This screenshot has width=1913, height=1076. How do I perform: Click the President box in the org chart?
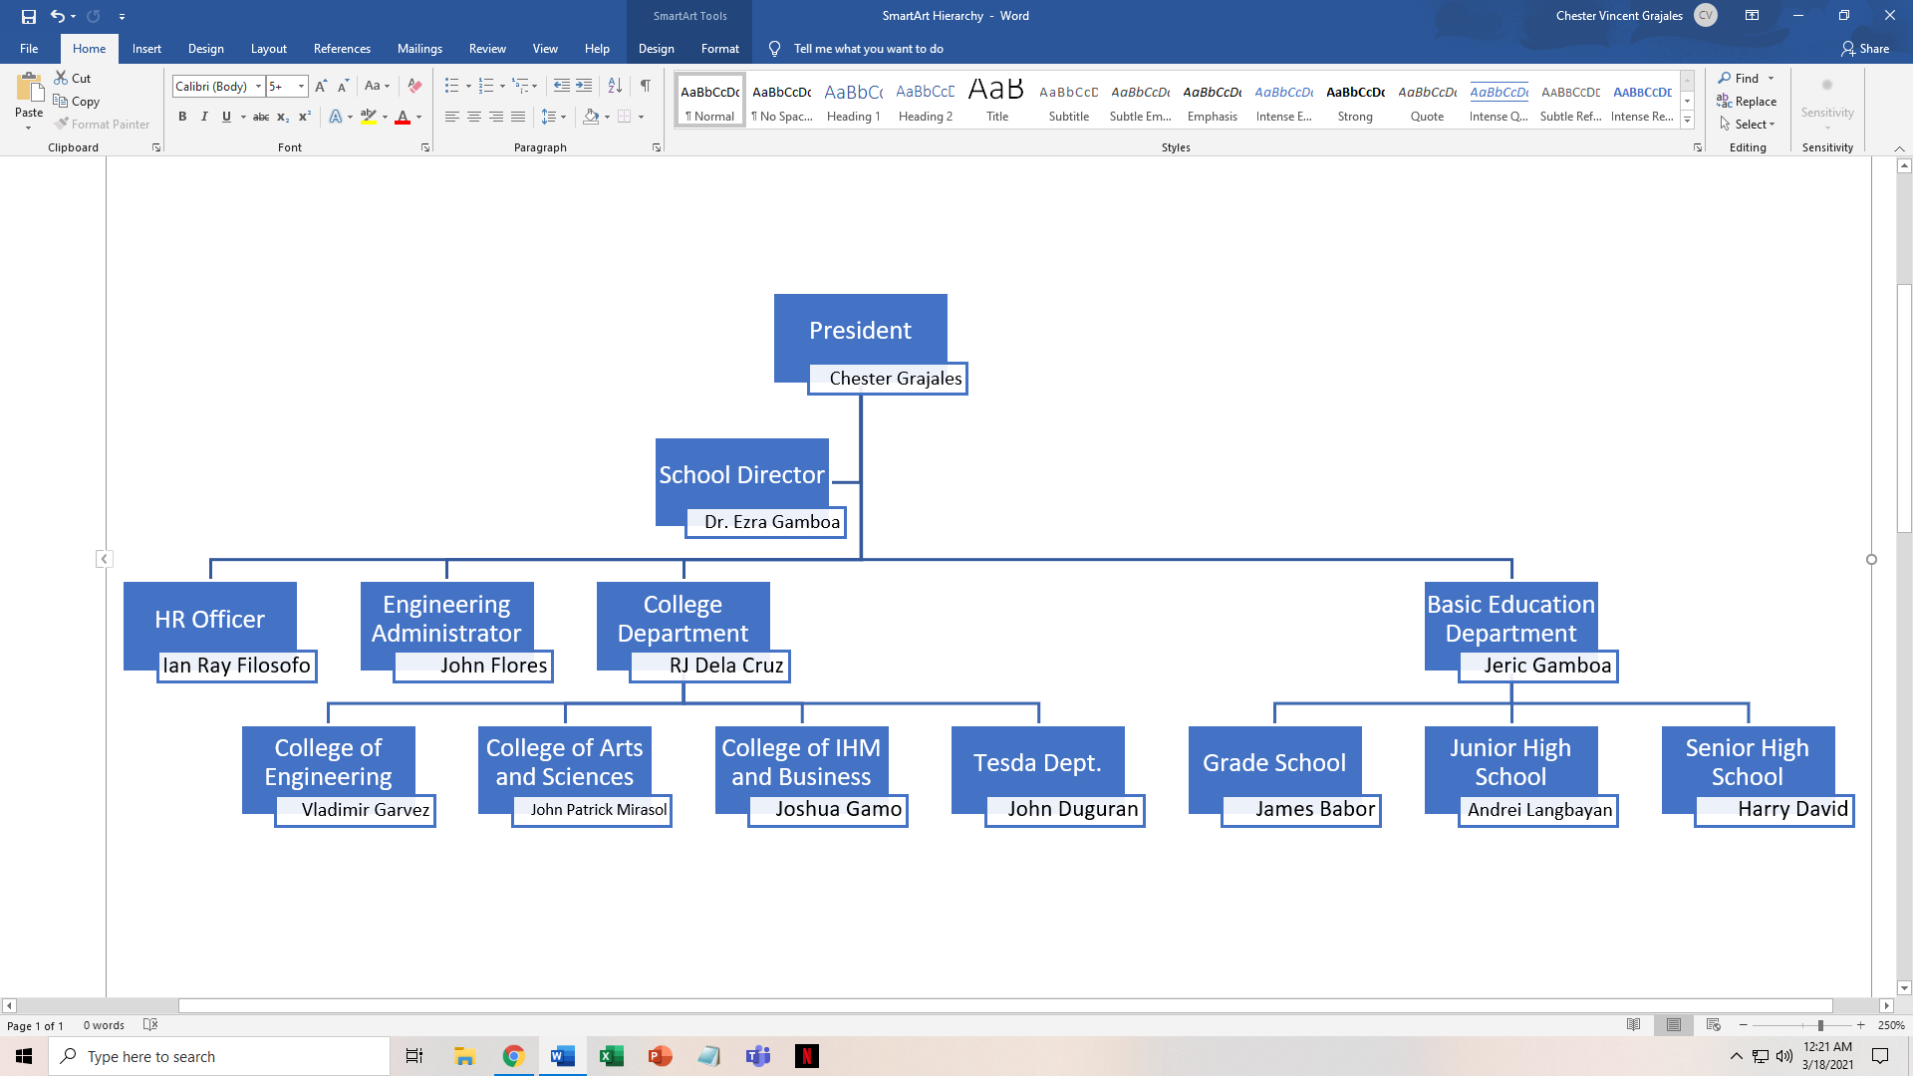click(x=860, y=329)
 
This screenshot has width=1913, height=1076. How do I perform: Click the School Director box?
click(x=741, y=474)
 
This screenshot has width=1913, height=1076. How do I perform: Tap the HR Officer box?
click(x=209, y=619)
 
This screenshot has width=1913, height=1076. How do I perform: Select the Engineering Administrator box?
click(x=446, y=618)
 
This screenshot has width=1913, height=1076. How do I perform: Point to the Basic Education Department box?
click(x=1510, y=618)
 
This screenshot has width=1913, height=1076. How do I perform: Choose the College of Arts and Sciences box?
click(x=564, y=761)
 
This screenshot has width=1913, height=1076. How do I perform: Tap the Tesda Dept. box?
click(x=1037, y=762)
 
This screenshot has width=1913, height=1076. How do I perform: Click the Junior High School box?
click(x=1510, y=761)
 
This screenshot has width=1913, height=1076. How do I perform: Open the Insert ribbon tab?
click(x=146, y=48)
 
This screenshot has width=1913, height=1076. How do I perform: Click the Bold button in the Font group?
click(x=182, y=117)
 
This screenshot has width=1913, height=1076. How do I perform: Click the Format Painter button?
click(x=103, y=125)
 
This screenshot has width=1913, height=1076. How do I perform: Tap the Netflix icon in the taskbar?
click(x=807, y=1056)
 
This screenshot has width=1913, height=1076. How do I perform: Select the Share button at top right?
click(x=1865, y=48)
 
